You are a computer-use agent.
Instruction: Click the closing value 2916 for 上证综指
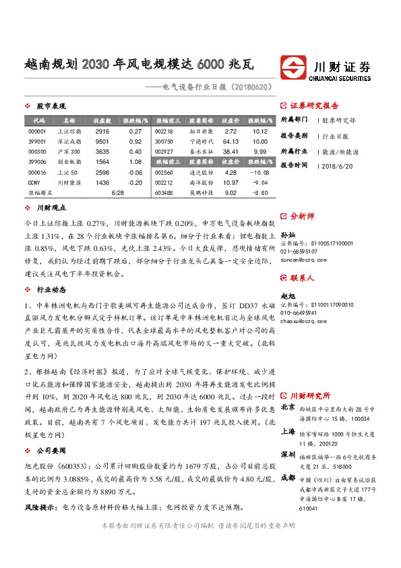pyautogui.click(x=102, y=131)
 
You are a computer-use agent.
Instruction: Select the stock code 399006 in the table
pyautogui.click(x=38, y=162)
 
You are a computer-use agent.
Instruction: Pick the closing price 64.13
pyautogui.click(x=231, y=142)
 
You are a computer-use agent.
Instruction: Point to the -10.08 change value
pyautogui.click(x=260, y=173)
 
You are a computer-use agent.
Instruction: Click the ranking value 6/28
pyautogui.click(x=117, y=193)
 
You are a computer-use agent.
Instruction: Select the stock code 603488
pyautogui.click(x=164, y=193)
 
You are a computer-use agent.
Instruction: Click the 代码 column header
pyautogui.click(x=38, y=120)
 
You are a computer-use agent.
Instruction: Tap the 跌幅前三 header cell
pyautogui.click(x=164, y=162)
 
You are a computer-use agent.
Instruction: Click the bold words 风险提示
pyautogui.click(x=40, y=506)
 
